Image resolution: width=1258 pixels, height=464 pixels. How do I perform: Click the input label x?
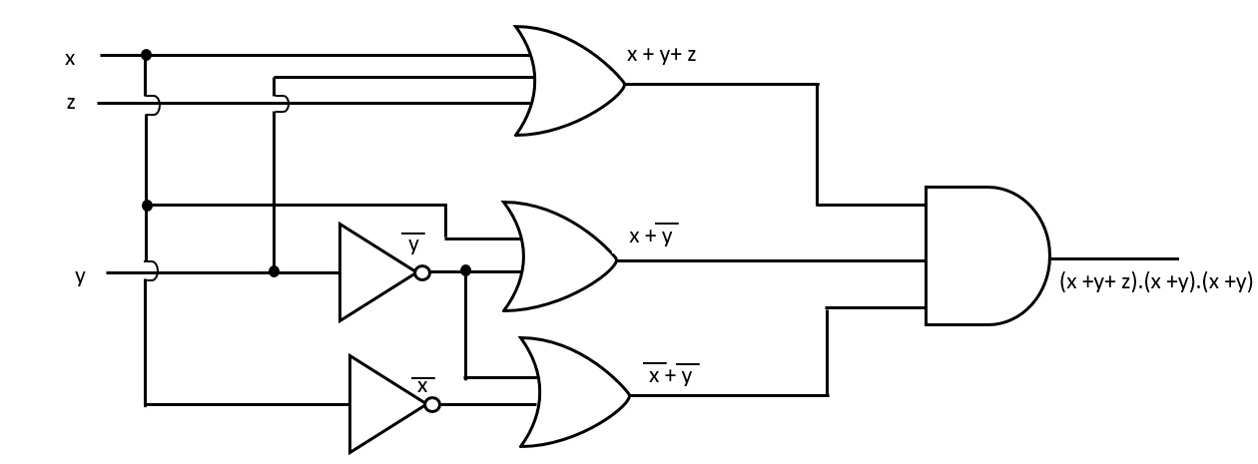pos(70,59)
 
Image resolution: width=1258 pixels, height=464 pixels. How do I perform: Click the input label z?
pos(71,102)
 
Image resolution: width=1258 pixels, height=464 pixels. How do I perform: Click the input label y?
pos(80,276)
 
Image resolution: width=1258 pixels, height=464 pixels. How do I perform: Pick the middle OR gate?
pos(559,257)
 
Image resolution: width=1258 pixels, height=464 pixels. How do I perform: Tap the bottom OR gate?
pos(572,392)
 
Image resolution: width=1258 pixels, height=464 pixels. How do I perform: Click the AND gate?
pos(983,255)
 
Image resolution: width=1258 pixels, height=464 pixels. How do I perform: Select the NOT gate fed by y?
pos(375,272)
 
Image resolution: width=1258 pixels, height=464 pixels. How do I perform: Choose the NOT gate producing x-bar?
pos(386,404)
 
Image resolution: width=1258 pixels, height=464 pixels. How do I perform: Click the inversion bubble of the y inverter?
pos(422,272)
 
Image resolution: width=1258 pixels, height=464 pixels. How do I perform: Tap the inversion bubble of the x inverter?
pos(431,404)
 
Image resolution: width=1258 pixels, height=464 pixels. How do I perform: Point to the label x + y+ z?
pos(661,55)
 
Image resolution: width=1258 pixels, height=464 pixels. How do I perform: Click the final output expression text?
pos(1155,282)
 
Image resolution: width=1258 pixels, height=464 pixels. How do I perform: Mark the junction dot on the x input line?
pos(147,55)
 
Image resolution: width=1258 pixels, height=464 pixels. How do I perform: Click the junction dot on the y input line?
pos(274,271)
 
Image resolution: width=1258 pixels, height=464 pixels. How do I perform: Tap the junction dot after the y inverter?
pos(465,269)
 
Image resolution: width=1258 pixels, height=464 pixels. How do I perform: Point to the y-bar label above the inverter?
pos(412,242)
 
